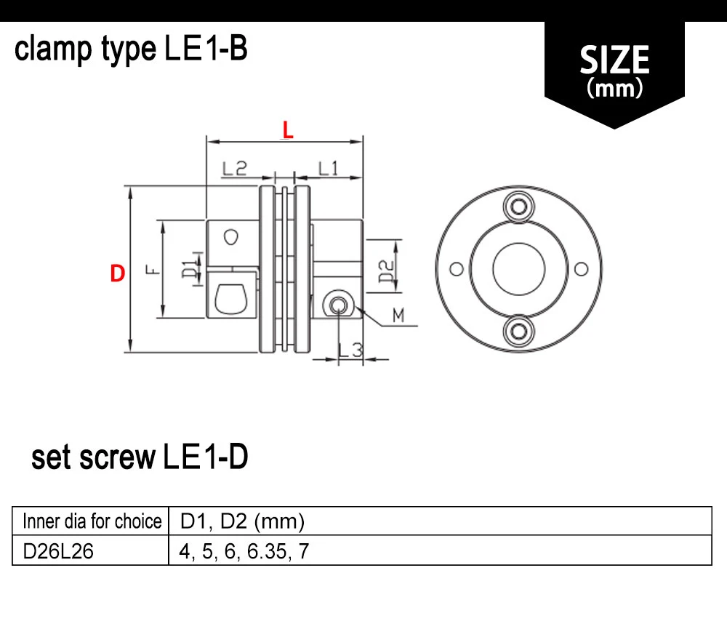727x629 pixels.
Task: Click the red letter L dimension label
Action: pos(288,130)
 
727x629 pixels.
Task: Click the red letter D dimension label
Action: pos(117,273)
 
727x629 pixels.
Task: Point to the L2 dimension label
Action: pos(235,168)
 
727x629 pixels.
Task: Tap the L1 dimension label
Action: pos(329,168)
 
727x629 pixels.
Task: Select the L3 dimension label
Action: pos(350,350)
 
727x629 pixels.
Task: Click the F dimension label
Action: pos(153,269)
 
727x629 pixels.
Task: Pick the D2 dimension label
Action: pos(386,271)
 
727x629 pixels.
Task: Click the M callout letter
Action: pos(398,316)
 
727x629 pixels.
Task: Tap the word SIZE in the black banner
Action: pos(614,60)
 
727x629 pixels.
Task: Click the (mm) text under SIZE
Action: pos(615,88)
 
